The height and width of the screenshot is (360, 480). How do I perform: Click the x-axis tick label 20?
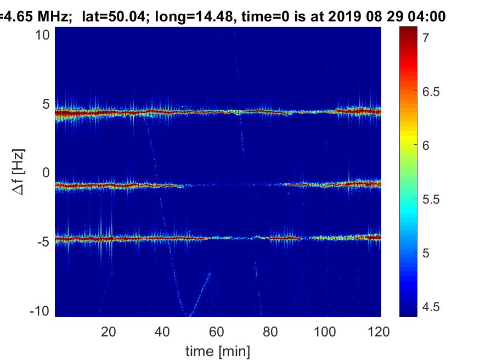(109, 331)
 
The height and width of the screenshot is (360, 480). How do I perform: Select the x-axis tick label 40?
(163, 331)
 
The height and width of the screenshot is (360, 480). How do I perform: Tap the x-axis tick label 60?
(217, 331)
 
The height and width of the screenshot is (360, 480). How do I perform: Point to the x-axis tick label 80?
(272, 331)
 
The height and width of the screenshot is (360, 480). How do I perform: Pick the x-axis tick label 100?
(325, 331)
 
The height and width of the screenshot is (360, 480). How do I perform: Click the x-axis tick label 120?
(379, 331)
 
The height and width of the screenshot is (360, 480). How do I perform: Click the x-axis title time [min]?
(218, 350)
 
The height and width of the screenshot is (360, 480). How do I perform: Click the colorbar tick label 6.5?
(431, 92)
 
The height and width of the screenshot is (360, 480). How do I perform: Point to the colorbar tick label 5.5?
(431, 199)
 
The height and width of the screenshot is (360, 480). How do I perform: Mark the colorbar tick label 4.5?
(431, 307)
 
